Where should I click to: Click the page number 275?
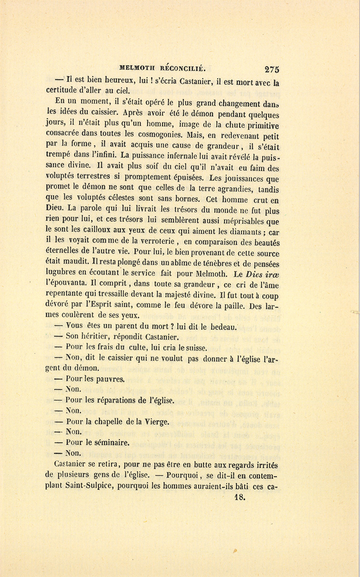tap(272, 69)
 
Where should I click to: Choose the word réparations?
tap(115, 400)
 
